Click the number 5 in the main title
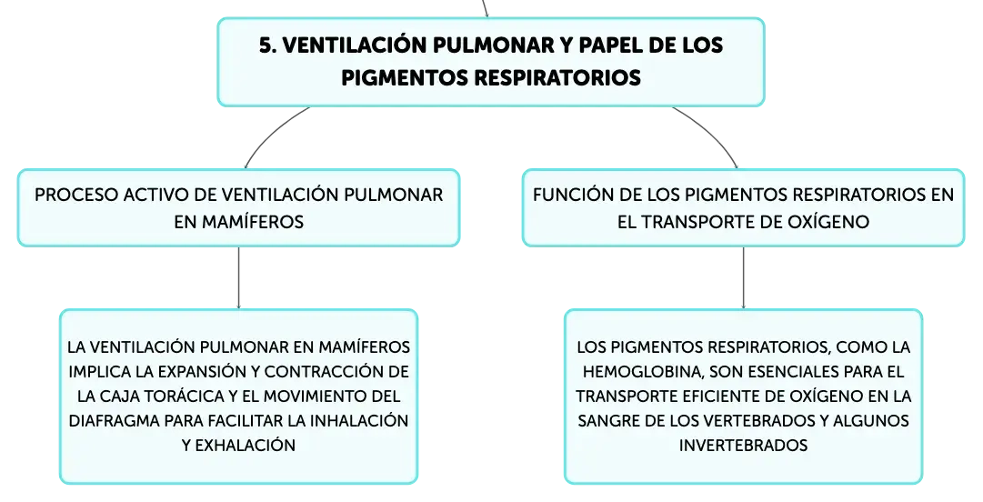point(266,45)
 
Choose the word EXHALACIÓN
point(246,445)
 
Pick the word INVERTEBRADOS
point(743,445)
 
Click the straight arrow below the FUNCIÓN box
point(744,277)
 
